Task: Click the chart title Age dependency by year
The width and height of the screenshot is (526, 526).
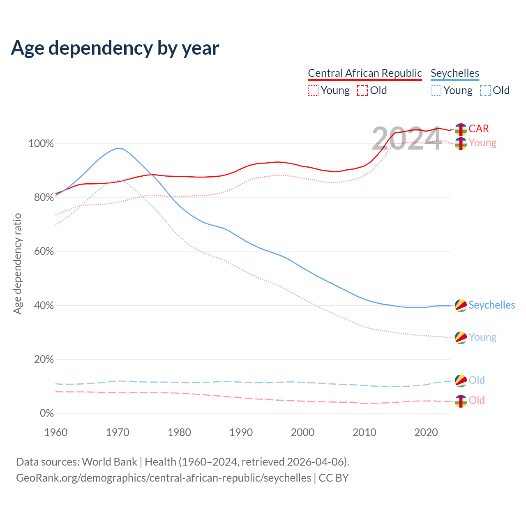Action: click(115, 48)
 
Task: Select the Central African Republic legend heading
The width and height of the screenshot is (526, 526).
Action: click(365, 73)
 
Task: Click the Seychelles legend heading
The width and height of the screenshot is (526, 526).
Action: click(454, 73)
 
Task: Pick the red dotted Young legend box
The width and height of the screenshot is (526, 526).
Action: click(313, 90)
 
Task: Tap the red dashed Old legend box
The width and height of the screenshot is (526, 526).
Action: click(362, 90)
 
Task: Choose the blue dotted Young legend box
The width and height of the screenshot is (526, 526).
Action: click(436, 90)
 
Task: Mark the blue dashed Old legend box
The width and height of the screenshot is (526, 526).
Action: click(485, 90)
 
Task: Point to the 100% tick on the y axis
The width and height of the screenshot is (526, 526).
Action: click(41, 144)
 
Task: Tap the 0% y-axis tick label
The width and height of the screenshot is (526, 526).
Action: click(46, 413)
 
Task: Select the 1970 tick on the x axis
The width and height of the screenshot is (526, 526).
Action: click(118, 432)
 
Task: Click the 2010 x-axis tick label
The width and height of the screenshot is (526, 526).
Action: click(365, 432)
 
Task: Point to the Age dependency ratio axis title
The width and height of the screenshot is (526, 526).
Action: click(17, 263)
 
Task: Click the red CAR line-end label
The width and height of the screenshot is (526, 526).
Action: click(479, 129)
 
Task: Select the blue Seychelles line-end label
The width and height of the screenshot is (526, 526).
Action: click(491, 305)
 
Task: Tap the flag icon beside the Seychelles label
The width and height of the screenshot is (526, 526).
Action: click(461, 305)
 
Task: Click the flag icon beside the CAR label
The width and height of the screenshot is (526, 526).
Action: click(461, 129)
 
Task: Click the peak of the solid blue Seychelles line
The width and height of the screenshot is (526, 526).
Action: click(118, 148)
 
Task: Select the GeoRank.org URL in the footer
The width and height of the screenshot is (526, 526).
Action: click(164, 478)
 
